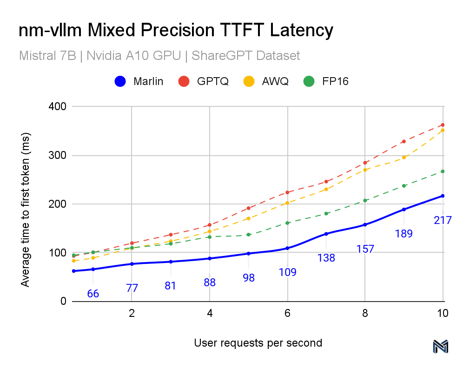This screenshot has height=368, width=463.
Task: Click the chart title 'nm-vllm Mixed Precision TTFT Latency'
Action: (176, 31)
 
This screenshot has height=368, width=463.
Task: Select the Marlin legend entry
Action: (139, 81)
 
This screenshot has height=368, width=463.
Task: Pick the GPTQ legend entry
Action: (204, 81)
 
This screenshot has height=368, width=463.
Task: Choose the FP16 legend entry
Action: (326, 81)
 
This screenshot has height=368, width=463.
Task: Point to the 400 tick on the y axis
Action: (57, 107)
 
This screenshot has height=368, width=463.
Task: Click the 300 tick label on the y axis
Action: (57, 156)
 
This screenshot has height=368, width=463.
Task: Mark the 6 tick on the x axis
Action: (288, 313)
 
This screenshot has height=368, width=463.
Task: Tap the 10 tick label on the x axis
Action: (443, 313)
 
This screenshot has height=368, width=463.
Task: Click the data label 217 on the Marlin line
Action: (443, 220)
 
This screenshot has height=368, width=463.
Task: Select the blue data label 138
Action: (326, 257)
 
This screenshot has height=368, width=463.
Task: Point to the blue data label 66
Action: (93, 294)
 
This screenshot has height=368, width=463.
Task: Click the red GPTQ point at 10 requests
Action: (443, 125)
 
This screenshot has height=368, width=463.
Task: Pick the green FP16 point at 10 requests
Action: (443, 171)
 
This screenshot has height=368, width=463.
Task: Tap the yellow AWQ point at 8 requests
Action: (365, 170)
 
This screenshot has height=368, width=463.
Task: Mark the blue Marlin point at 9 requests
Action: (403, 210)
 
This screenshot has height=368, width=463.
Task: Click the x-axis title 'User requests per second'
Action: (258, 343)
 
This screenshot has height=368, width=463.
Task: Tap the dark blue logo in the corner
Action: (440, 347)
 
